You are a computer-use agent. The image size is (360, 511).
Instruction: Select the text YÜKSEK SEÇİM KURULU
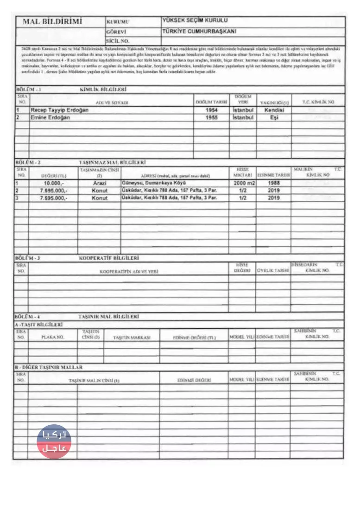coord(195,20)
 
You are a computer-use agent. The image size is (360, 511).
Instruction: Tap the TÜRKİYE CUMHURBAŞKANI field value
coord(199,31)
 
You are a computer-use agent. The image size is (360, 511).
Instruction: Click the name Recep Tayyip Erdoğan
coord(59,111)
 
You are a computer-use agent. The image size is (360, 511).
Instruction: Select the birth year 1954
coord(211,111)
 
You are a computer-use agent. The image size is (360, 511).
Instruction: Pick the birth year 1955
coord(211,118)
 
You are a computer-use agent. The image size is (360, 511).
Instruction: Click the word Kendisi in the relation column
coord(275,111)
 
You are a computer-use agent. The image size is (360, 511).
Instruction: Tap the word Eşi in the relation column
coord(274,118)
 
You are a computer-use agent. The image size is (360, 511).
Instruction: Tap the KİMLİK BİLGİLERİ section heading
coord(103,89)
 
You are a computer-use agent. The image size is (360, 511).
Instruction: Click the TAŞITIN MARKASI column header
coord(132,338)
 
